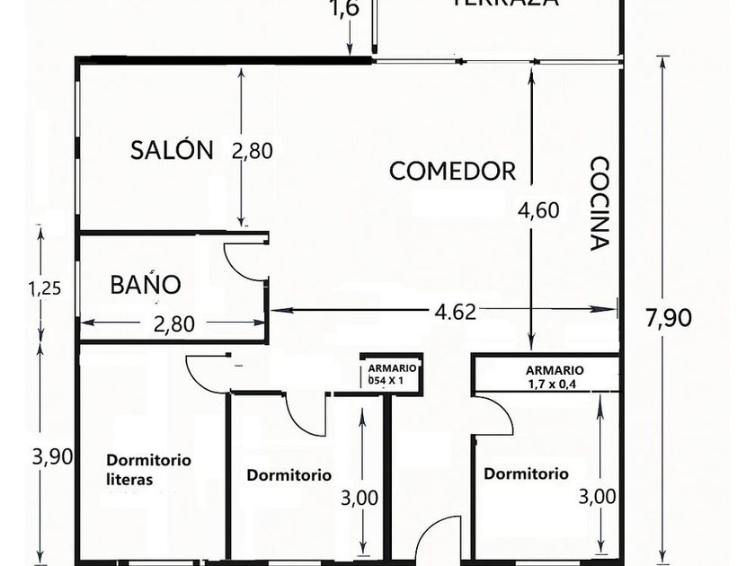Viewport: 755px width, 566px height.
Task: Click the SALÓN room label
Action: (172, 149)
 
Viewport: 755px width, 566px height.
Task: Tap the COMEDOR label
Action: (452, 171)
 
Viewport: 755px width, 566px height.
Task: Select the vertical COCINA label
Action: (600, 204)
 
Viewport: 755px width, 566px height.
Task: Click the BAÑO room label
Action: (146, 285)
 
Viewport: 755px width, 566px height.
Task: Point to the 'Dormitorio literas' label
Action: (148, 469)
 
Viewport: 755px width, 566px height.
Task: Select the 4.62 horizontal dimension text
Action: (455, 311)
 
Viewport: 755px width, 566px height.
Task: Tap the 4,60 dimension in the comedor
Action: (539, 210)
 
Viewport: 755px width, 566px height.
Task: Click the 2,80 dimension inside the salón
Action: (252, 150)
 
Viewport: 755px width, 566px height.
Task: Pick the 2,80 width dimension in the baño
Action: (173, 323)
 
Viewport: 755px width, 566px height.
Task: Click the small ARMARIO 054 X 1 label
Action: (391, 374)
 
